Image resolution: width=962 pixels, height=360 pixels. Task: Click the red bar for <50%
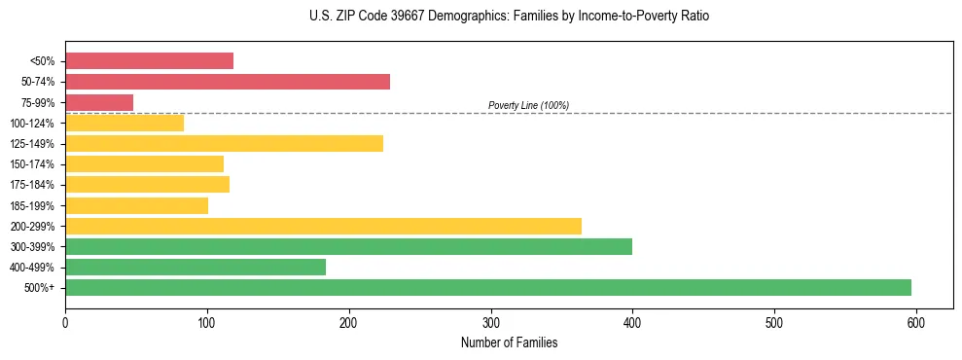[149, 61]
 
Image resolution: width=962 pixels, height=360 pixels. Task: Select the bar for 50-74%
[227, 82]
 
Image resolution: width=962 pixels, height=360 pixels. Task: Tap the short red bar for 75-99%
[99, 102]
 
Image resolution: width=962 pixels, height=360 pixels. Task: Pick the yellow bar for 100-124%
[125, 123]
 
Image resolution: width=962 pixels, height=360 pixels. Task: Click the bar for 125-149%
[224, 144]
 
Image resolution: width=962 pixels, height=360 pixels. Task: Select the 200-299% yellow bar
[323, 226]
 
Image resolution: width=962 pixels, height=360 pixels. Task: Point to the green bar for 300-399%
[348, 246]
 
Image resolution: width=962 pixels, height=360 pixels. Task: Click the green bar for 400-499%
[196, 267]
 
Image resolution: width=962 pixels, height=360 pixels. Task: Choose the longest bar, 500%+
[487, 287]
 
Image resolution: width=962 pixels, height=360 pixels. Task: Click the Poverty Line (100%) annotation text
[528, 105]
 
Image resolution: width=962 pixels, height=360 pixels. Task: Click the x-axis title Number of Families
[509, 342]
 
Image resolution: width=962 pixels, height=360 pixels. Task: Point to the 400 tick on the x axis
[632, 322]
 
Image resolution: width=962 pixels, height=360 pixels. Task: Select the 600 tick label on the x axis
[915, 322]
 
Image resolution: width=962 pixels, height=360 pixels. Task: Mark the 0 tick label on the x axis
[65, 322]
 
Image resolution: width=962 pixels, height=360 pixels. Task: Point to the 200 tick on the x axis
[348, 322]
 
